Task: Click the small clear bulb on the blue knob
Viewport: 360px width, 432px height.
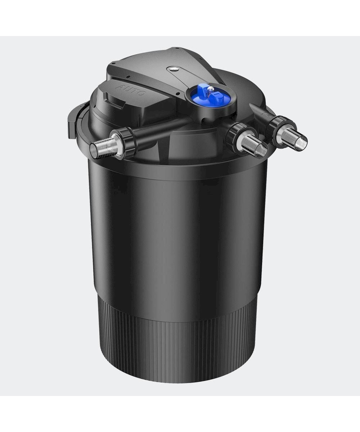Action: tap(211, 90)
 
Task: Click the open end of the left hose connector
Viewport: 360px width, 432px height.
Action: tap(93, 152)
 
